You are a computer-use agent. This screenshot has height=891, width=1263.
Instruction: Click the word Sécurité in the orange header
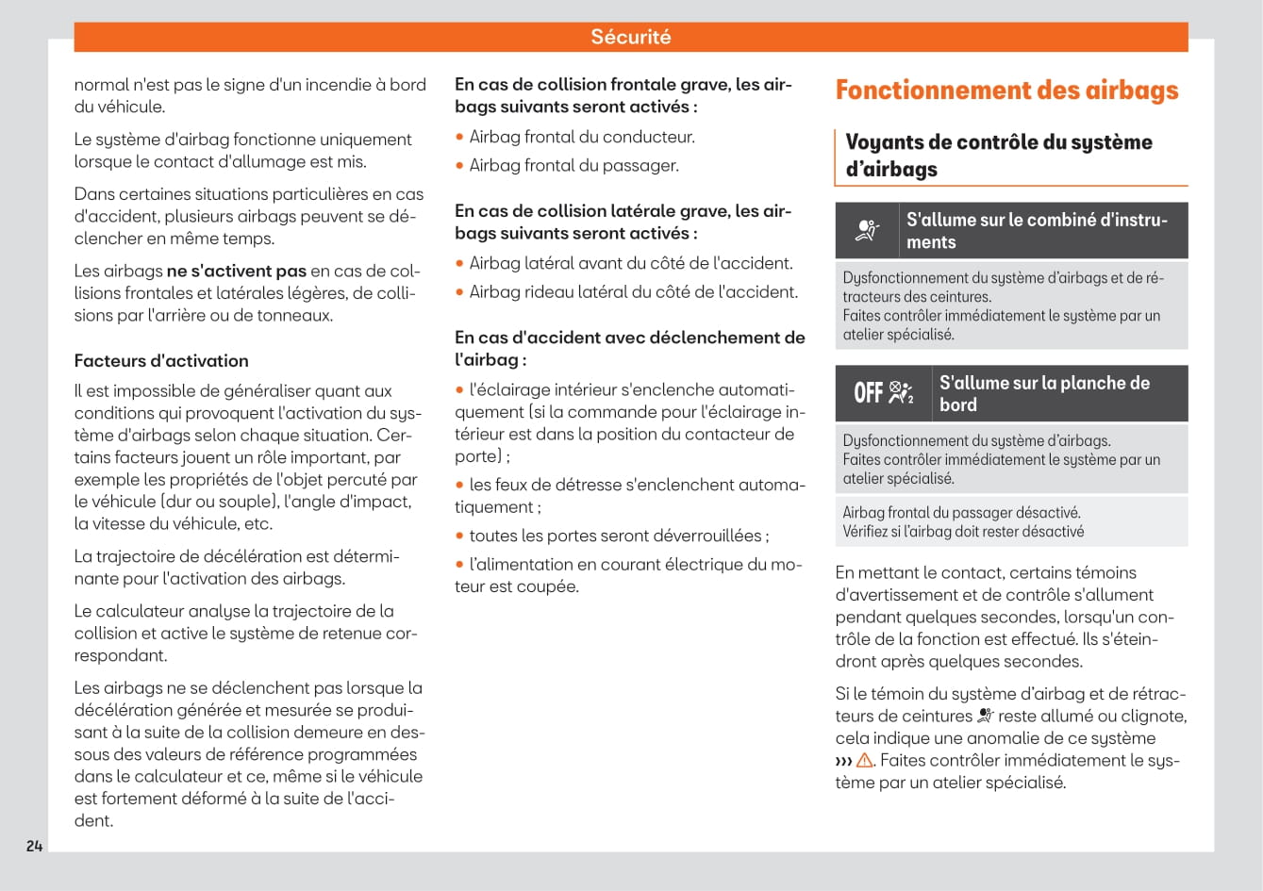coord(631,37)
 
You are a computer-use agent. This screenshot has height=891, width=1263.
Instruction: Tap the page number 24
coord(34,846)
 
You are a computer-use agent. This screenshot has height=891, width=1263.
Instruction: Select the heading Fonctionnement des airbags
coord(1006,91)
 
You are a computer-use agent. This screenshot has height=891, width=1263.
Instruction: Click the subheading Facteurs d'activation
coord(161,360)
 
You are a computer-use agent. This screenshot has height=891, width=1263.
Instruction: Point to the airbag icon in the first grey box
coord(867,230)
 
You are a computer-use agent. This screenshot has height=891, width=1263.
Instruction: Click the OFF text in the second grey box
coord(868,393)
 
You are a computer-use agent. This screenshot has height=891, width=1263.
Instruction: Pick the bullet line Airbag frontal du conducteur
coord(582,137)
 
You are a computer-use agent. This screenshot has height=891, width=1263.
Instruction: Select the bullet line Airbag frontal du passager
coord(573,165)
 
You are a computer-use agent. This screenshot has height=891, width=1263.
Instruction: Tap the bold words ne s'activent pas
coord(236,271)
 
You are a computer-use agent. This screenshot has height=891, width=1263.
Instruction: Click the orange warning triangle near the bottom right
coord(865,761)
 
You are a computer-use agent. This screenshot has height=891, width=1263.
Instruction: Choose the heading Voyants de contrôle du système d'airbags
coord(999,156)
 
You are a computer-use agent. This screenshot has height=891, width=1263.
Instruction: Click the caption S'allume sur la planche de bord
coord(1044,393)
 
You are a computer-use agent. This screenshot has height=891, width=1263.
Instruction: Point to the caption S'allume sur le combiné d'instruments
coord(1037,230)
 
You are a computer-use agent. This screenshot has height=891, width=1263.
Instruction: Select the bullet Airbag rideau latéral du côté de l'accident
coord(633,291)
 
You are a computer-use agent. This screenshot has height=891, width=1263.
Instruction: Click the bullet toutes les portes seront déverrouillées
coord(619,536)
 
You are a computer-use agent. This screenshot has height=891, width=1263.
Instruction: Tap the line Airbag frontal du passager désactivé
coord(961,513)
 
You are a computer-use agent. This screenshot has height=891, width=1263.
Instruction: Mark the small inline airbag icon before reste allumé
coord(986,717)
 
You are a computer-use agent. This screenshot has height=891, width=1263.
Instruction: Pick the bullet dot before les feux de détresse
coord(459,485)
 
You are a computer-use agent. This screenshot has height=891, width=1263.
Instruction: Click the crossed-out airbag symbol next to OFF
coord(901,393)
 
